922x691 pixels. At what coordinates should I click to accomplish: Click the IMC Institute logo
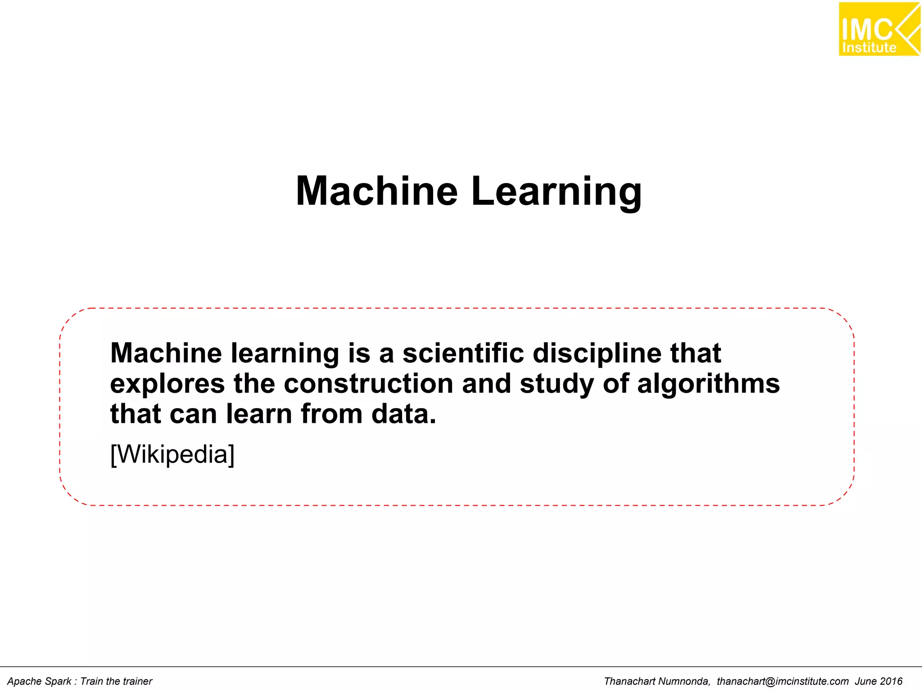click(878, 29)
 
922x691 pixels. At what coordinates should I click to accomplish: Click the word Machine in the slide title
click(376, 191)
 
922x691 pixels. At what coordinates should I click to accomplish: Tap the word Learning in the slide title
click(556, 192)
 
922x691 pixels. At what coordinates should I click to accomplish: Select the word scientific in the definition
click(463, 353)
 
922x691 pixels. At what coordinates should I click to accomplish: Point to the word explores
click(167, 384)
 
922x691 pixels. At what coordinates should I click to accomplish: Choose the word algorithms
click(708, 384)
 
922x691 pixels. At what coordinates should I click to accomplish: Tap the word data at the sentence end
click(403, 414)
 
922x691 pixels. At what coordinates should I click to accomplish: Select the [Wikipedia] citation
click(172, 454)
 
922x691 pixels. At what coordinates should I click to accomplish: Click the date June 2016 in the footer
click(879, 681)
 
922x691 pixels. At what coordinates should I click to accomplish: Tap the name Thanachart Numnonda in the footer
click(657, 681)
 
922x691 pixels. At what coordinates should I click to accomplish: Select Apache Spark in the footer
click(39, 681)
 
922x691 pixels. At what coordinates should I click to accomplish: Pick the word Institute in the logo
click(869, 48)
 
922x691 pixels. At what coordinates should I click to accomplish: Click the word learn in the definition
click(259, 414)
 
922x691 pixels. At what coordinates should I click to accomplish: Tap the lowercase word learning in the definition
click(285, 354)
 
